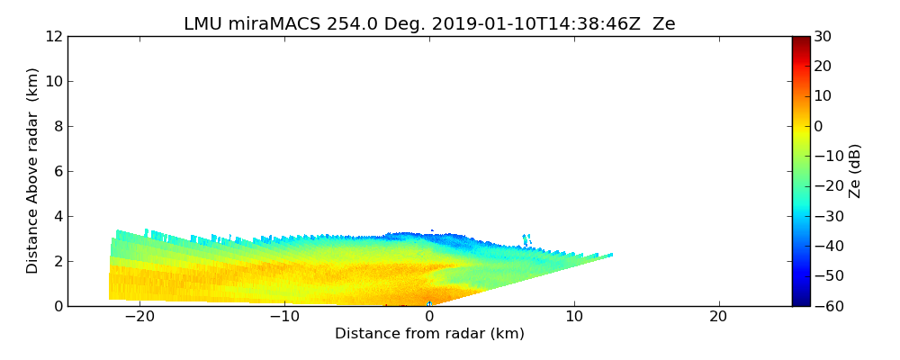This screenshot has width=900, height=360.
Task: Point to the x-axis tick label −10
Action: click(283, 318)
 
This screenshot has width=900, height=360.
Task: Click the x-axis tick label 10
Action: click(574, 318)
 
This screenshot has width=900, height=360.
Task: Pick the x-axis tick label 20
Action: click(718, 318)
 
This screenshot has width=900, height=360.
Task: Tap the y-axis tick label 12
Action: click(53, 37)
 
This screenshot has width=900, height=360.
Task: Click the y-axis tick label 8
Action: click(57, 127)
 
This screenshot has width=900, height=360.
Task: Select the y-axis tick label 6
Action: click(57, 172)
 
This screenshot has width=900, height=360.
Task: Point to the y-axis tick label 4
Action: click(57, 217)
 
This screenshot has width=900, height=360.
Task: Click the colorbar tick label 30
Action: click(823, 37)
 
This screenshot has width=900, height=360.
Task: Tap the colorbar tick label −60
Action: click(825, 306)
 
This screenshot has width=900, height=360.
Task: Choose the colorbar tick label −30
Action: click(825, 216)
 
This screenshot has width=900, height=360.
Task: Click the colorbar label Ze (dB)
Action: click(855, 171)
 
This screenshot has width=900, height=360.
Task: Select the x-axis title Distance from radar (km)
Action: click(429, 334)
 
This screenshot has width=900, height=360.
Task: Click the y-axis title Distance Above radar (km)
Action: click(33, 171)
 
